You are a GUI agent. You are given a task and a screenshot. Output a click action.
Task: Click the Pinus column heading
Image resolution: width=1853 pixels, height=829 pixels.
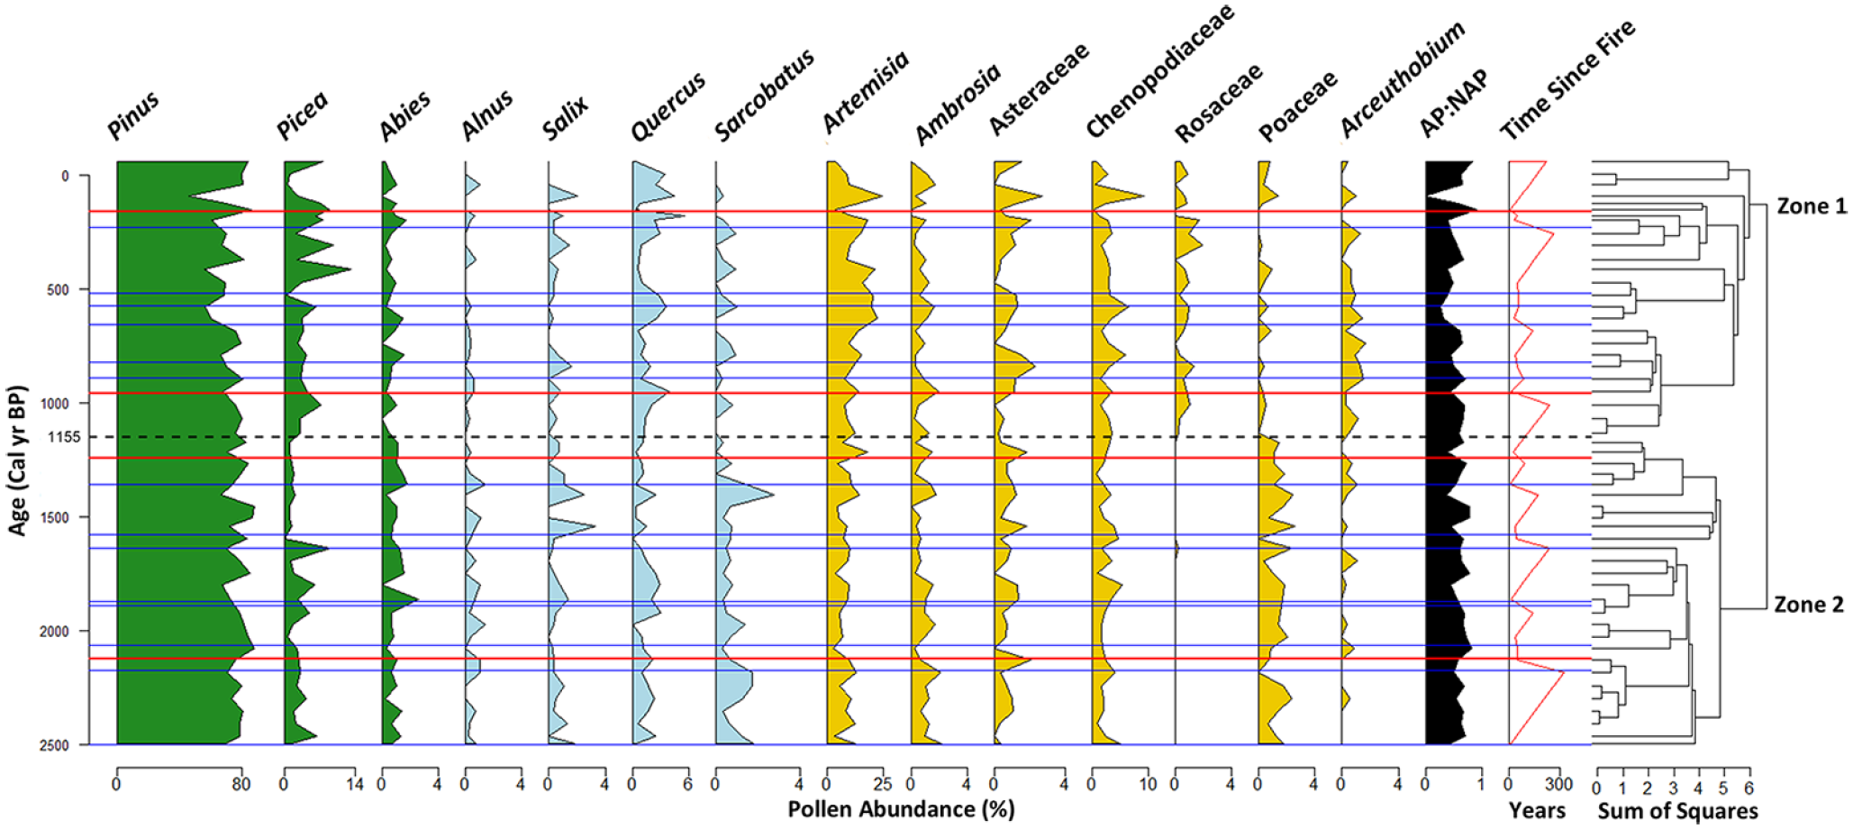[x=132, y=115]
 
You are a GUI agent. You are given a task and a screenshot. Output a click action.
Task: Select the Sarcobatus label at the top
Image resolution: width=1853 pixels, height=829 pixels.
[x=764, y=96]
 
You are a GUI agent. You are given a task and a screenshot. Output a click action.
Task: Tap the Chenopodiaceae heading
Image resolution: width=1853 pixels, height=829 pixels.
[x=1158, y=71]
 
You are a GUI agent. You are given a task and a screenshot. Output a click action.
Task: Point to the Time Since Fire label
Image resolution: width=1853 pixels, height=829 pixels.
[x=1567, y=80]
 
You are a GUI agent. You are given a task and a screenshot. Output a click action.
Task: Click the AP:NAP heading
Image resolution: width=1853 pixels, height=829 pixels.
[x=1453, y=104]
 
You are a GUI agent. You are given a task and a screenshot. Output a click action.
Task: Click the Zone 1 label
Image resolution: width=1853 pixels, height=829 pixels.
[x=1811, y=206]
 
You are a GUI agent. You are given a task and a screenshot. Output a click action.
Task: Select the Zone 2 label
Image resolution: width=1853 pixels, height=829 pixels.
[x=1809, y=605]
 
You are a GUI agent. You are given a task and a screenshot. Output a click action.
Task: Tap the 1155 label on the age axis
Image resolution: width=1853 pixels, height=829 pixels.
[x=65, y=437]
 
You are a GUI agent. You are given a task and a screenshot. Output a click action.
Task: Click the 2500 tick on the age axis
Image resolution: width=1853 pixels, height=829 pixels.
[x=65, y=745]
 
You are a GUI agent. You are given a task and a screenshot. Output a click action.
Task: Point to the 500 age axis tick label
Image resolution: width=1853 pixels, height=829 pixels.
[x=69, y=290]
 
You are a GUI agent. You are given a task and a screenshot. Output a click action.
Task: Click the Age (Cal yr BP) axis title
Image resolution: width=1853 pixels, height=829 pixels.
[x=18, y=460]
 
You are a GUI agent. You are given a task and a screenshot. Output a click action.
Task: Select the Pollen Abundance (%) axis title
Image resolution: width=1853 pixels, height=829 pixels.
[x=901, y=809]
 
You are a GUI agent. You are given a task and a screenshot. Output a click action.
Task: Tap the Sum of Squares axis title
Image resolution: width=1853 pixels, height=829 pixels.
[x=1677, y=811]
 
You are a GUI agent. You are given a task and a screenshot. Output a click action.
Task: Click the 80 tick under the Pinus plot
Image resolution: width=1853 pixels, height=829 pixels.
[x=241, y=784]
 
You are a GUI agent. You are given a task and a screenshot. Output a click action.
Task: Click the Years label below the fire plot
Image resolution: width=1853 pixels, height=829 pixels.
[x=1538, y=811]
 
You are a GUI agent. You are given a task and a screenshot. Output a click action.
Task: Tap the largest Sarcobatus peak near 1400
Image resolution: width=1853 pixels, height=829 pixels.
[x=772, y=493]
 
